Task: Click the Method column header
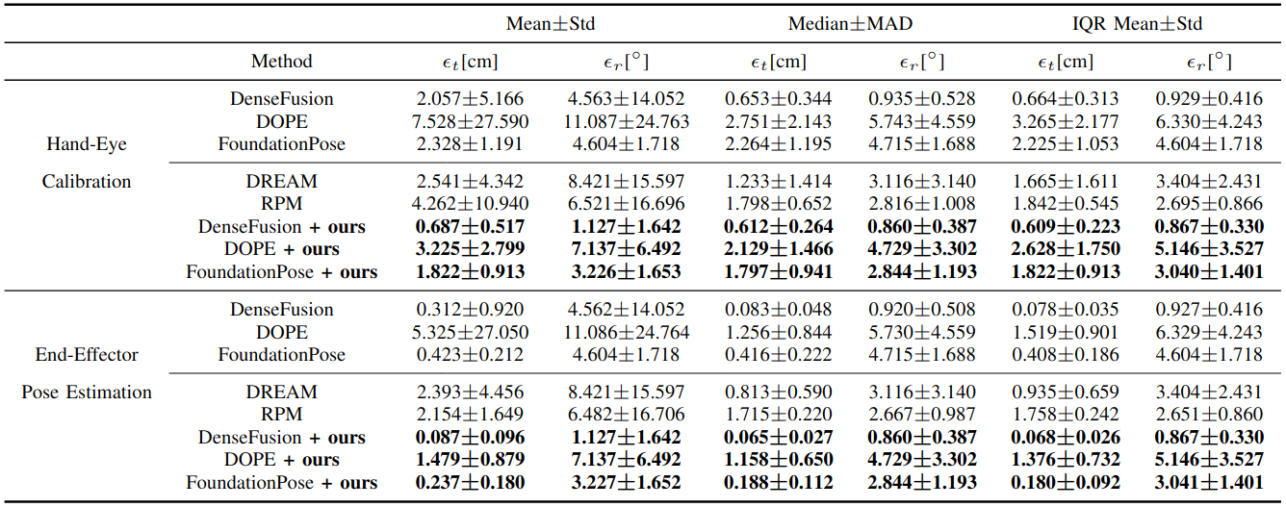point(282,62)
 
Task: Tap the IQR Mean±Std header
point(1136,24)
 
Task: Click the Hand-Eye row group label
point(87,144)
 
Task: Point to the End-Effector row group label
point(87,355)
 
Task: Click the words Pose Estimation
point(87,393)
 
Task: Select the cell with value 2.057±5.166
point(470,99)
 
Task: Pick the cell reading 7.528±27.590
point(470,121)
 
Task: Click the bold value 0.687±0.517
point(470,227)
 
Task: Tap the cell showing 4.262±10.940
point(470,204)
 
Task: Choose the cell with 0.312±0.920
point(470,310)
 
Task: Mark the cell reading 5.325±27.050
point(470,332)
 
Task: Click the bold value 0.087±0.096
point(470,438)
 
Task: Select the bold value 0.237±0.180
point(470,483)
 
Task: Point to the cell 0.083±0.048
point(780,310)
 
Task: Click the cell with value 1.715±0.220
point(780,415)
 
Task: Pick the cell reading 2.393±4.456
point(470,393)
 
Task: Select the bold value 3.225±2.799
point(470,249)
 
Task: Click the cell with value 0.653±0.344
point(780,99)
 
